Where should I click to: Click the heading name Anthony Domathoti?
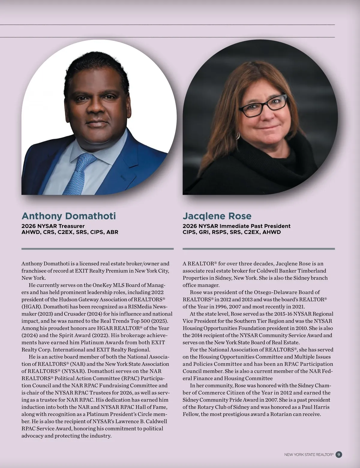68,216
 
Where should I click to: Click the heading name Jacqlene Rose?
217,216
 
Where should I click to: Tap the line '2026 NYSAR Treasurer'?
53,226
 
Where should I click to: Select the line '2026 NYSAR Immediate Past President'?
236,226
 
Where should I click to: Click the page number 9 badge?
339,454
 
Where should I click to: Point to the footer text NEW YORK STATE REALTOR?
309,455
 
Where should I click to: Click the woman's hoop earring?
238,136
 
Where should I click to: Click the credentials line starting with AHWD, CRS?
70,232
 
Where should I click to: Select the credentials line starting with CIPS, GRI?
232,232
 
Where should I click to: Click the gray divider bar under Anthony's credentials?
97,249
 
